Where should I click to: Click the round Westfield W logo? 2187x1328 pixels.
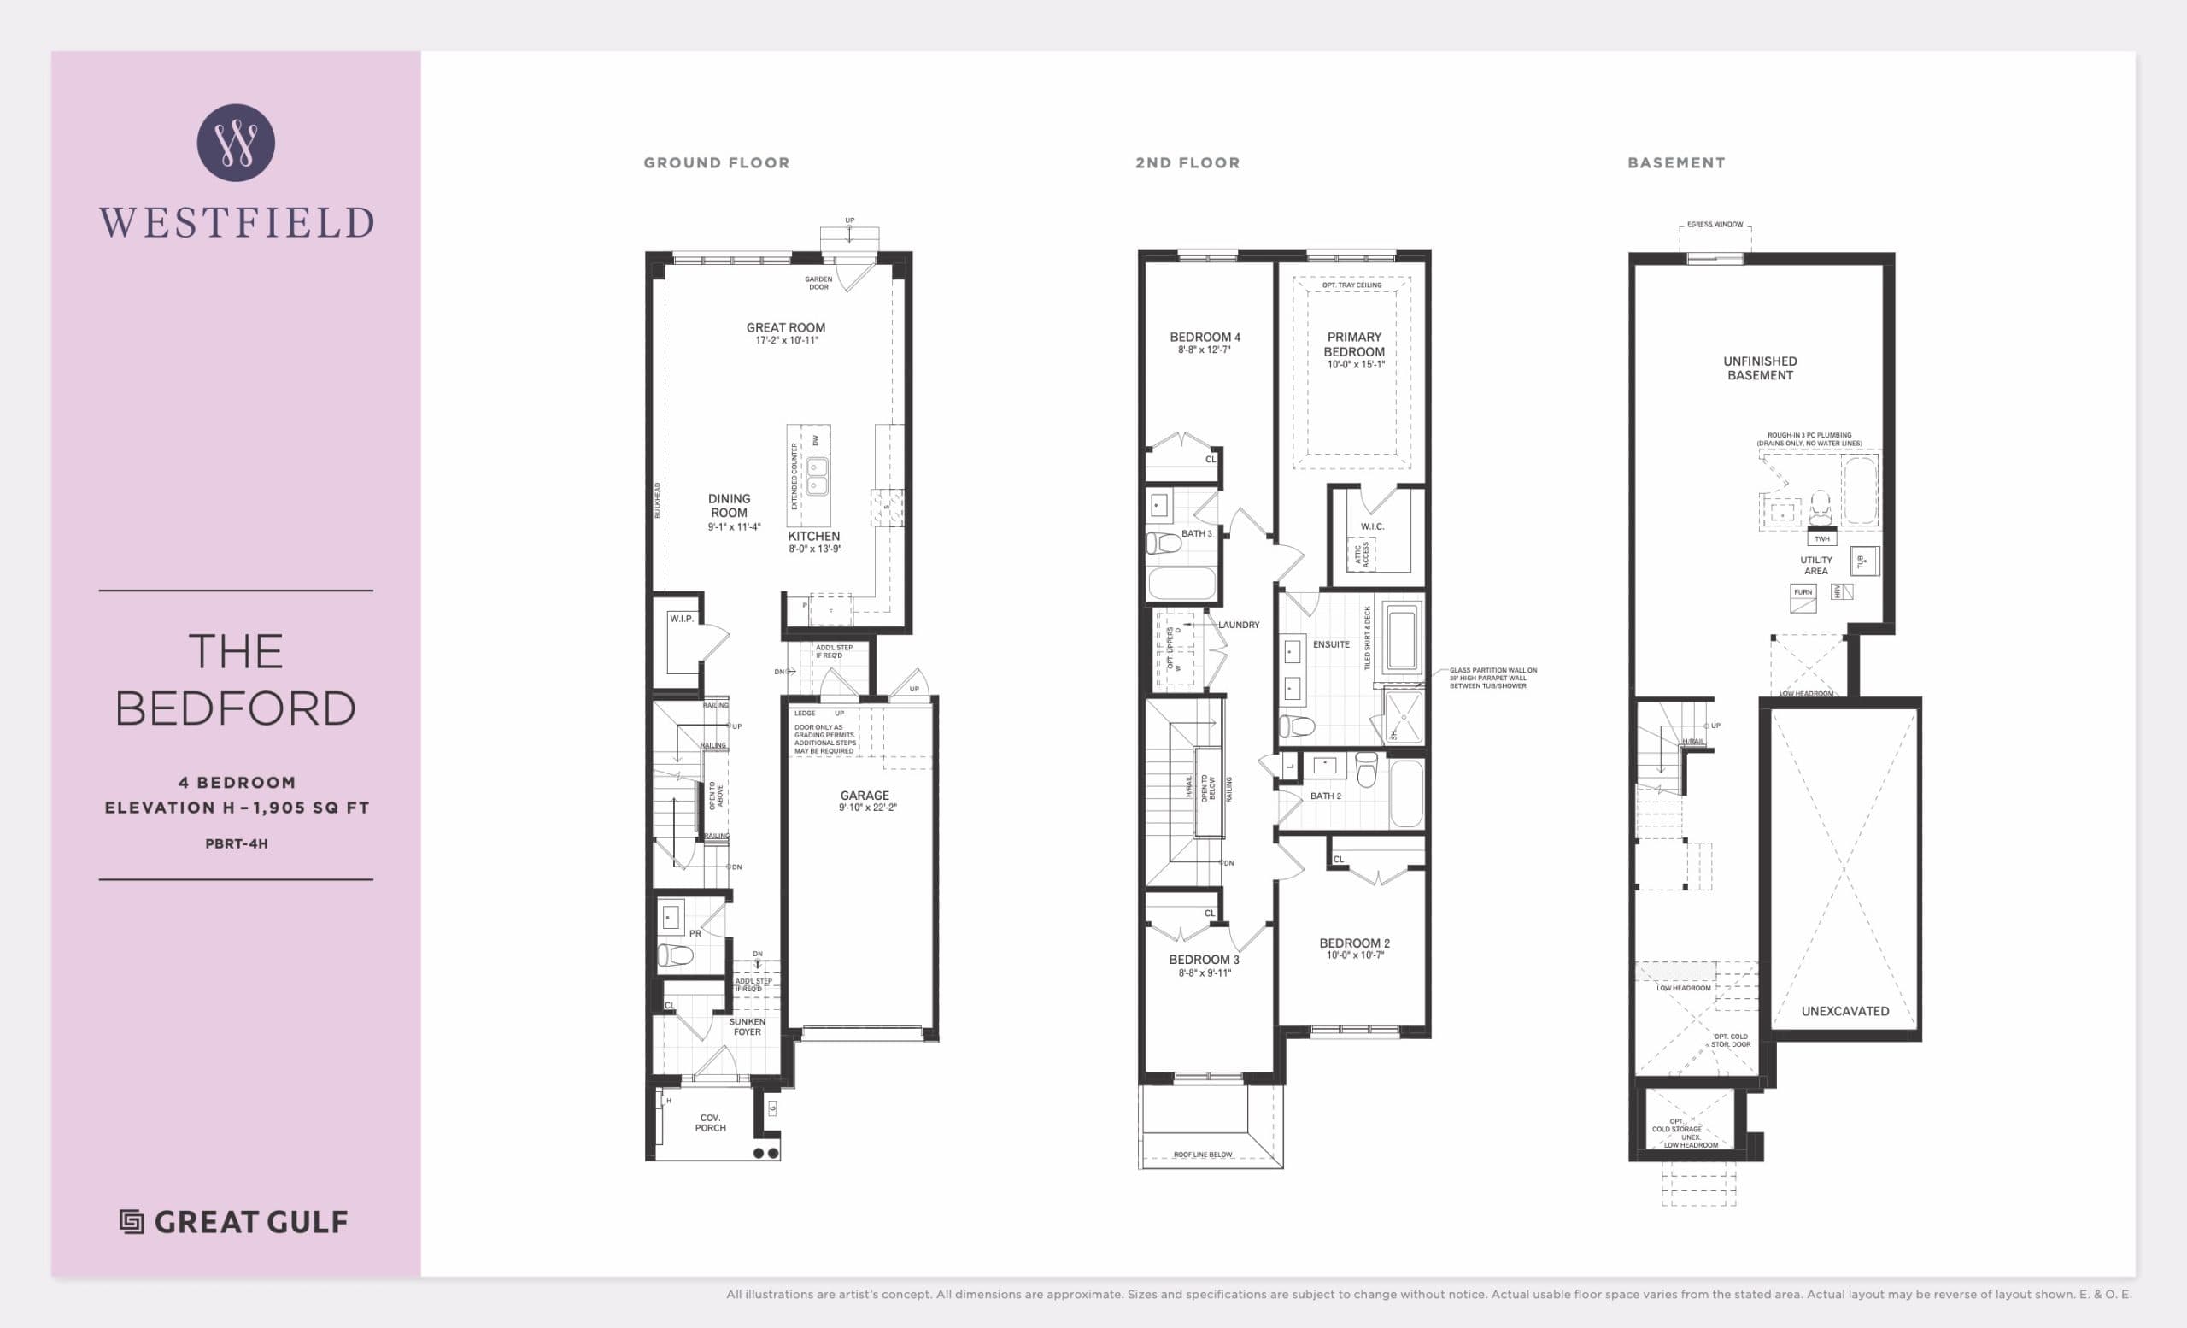pos(235,143)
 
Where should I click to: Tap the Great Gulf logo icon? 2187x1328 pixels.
pos(132,1222)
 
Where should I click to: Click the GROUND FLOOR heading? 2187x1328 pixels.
pos(716,163)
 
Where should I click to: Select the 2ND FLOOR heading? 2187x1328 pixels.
pos(1187,163)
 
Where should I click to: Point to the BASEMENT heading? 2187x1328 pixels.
pos(1676,163)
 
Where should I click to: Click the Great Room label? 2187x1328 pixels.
pos(785,327)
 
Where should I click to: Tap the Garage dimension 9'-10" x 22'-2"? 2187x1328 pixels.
pos(867,808)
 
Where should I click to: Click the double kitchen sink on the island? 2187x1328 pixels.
pos(817,477)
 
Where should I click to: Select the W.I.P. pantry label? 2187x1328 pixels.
pos(682,619)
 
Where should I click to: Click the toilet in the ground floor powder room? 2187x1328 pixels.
pos(676,955)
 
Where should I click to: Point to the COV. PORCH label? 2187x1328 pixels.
pos(710,1123)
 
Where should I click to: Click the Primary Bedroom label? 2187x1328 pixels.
pos(1353,344)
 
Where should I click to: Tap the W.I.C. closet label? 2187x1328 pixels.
pos(1372,527)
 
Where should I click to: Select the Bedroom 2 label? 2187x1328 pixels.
pos(1353,943)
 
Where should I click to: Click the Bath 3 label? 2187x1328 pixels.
pos(1195,533)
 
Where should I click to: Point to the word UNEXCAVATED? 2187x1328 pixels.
pos(1844,1011)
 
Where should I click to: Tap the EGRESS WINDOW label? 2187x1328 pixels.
pos(1715,225)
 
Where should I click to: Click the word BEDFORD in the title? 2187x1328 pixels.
pos(235,708)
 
